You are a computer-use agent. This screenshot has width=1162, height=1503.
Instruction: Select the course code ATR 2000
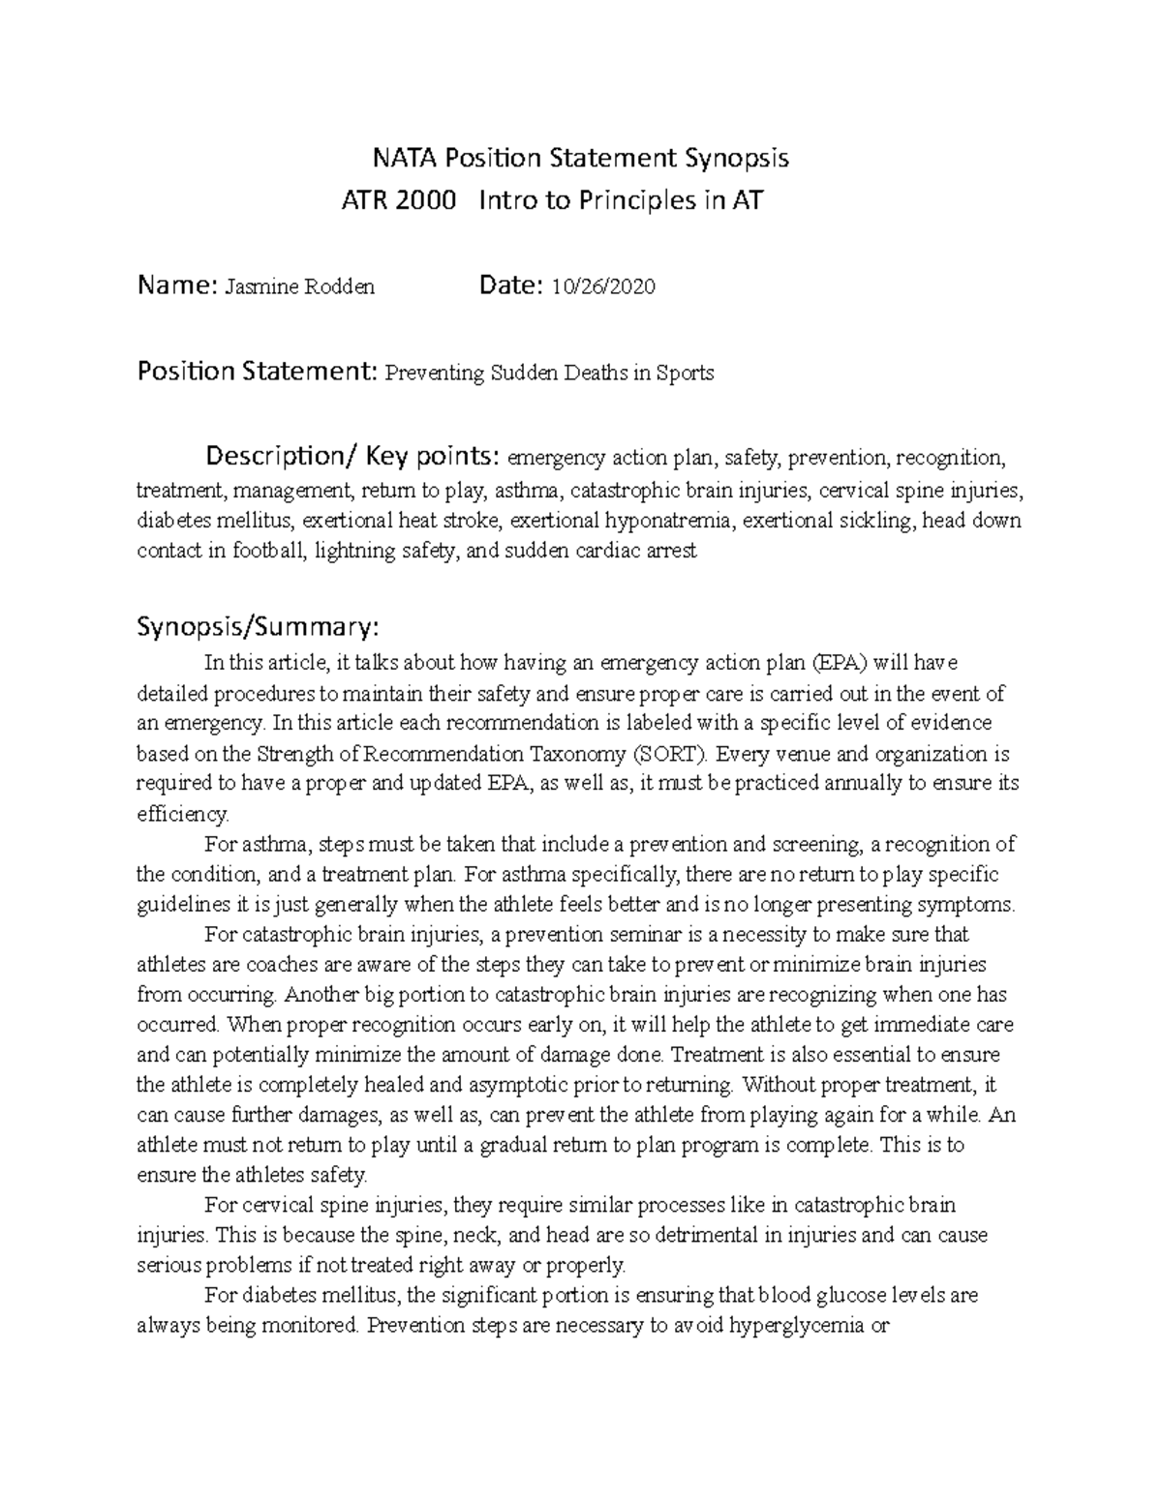(x=399, y=200)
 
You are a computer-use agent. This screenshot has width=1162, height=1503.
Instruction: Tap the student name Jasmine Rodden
(x=299, y=286)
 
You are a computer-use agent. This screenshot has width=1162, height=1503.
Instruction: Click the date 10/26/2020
(x=603, y=286)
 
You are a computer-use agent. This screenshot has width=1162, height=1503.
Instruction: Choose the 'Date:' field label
(x=512, y=286)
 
